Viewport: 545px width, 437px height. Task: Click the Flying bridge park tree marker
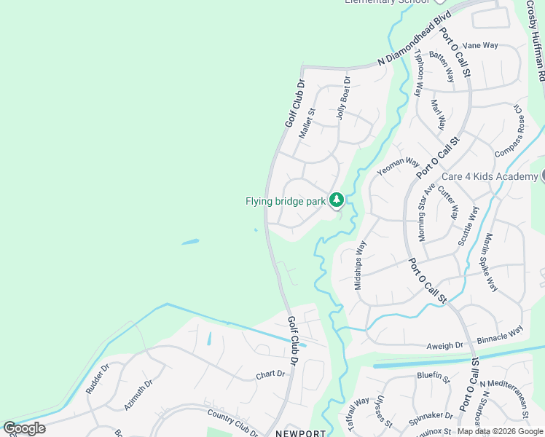coord(336,200)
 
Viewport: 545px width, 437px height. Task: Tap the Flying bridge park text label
coord(285,201)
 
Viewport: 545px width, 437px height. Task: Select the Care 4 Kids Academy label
coord(490,177)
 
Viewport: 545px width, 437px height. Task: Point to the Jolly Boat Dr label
coord(342,98)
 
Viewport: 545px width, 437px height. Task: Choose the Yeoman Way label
coord(398,166)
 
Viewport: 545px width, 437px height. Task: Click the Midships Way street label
coord(359,265)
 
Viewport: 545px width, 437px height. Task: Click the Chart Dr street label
coord(269,376)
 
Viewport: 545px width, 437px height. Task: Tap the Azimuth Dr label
coord(138,393)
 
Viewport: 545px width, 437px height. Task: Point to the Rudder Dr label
coord(97,378)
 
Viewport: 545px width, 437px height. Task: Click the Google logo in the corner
coord(24,428)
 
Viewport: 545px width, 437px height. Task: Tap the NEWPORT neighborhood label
coord(300,433)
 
